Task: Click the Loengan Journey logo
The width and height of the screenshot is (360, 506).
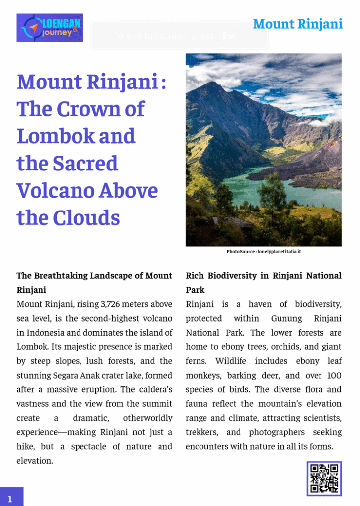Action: tap(50, 28)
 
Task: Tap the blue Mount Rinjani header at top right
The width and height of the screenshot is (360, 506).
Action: tap(298, 24)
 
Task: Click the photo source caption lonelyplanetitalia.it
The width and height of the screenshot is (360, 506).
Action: tap(264, 252)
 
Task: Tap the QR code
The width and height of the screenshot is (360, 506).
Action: tap(324, 478)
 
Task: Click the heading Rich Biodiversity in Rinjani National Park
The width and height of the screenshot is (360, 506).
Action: tap(263, 282)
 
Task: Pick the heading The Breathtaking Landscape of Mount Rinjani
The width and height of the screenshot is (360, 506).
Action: tap(94, 282)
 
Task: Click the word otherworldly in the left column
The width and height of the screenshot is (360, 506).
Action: tap(148, 418)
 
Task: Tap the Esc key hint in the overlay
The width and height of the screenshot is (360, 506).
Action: tap(229, 36)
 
